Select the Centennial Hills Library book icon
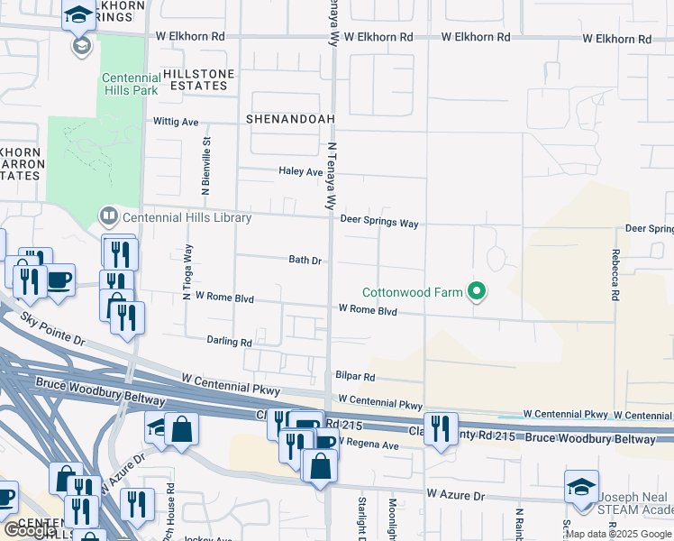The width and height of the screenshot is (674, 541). pos(108,216)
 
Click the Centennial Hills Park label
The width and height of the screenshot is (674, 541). pos(130,84)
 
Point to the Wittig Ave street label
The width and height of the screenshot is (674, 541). pos(177,122)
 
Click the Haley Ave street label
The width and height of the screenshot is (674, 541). pos(300,171)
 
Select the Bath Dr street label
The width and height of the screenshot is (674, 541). pos(305,260)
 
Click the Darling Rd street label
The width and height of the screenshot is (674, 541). pos(229,342)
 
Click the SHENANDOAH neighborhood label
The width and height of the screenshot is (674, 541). pos(278,118)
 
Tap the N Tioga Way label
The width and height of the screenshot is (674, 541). pos(188,266)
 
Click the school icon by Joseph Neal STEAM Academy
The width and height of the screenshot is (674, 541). pos(580,487)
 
